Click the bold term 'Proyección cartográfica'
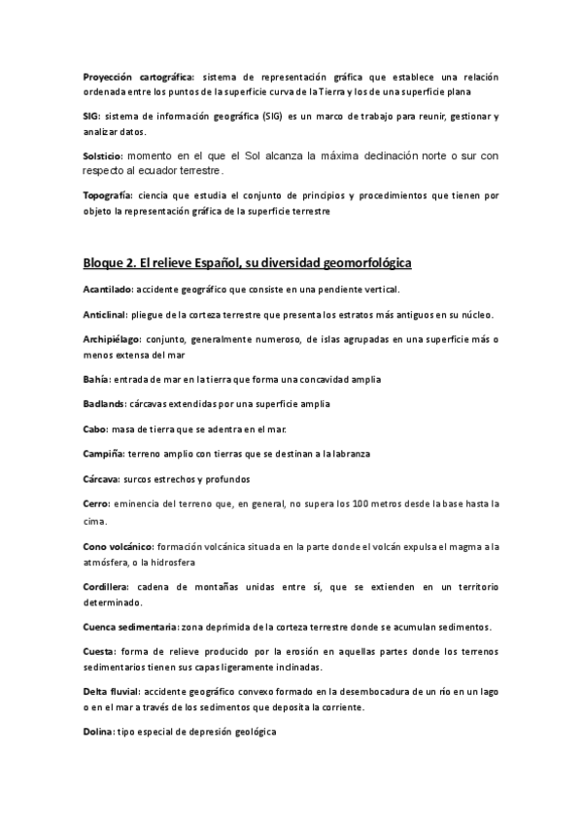tap(138, 76)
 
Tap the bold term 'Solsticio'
tap(103, 155)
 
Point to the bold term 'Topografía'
tap(108, 195)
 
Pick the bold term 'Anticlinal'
tap(107, 314)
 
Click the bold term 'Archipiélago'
tap(112, 339)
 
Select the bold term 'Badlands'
tap(104, 404)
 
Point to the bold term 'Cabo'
tap(95, 429)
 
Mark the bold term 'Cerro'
tap(97, 503)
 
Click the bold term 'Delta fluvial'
tap(112, 692)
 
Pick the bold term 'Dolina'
tap(99, 731)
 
